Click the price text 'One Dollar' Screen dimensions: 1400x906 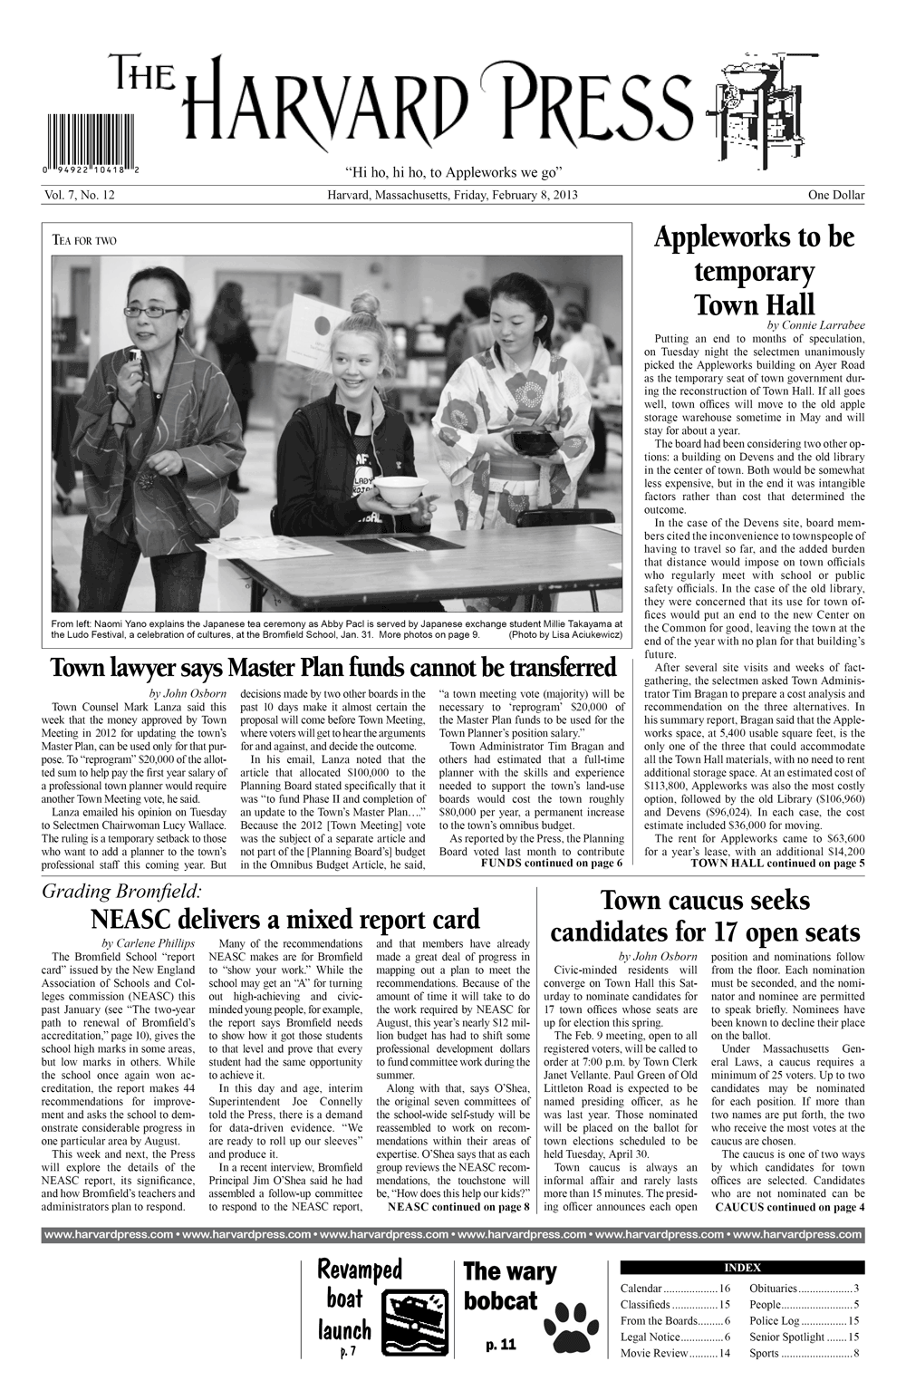836,195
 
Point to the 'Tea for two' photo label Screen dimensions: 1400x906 85,240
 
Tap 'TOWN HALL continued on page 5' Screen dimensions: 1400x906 776,863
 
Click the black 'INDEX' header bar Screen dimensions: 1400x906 741,1268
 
